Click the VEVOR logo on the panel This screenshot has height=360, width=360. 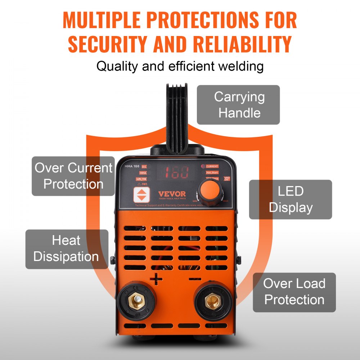(x=172, y=194)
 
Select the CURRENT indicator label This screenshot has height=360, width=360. (x=212, y=166)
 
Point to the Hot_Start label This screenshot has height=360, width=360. (x=212, y=173)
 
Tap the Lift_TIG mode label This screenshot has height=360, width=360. (x=141, y=179)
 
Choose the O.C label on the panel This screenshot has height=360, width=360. (x=144, y=167)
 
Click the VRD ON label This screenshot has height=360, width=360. (x=226, y=179)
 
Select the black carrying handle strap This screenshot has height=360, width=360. (x=180, y=115)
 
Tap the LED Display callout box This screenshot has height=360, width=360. (x=291, y=199)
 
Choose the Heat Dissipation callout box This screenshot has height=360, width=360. (x=66, y=249)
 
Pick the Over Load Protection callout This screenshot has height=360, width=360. (x=294, y=292)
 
